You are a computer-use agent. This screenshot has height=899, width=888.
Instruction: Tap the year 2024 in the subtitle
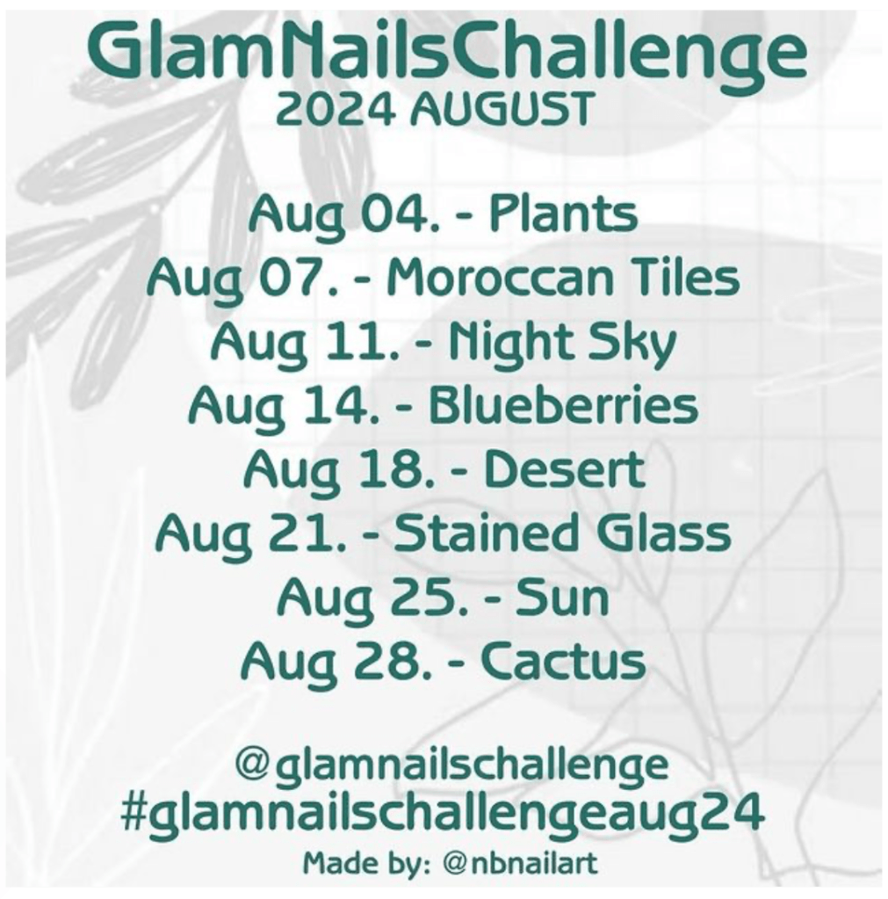[x=336, y=110]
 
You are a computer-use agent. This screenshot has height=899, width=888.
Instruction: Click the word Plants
[x=563, y=214]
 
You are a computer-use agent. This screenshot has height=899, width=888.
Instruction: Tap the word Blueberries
[x=564, y=405]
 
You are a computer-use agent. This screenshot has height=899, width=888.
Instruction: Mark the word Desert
[x=565, y=470]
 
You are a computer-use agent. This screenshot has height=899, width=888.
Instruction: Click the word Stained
[x=484, y=533]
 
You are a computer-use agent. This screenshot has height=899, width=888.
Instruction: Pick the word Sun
[x=562, y=598]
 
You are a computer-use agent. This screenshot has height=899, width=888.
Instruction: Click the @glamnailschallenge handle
[x=451, y=765]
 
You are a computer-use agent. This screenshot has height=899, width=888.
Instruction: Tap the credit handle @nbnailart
[x=520, y=864]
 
